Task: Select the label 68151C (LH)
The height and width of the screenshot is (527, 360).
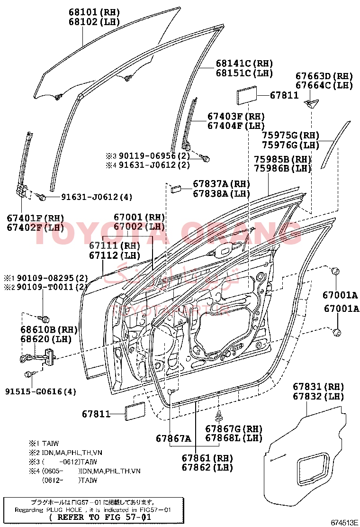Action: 244,73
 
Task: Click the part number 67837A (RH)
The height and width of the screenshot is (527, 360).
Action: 221,184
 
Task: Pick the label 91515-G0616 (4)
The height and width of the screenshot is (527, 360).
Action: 41,391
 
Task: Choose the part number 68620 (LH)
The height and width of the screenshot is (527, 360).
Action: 43,339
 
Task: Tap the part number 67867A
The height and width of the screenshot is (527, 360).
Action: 173,438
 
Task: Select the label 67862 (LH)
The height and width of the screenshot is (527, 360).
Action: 209,467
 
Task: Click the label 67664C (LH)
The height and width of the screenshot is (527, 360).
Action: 324,85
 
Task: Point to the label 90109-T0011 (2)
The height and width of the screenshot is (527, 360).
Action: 46,287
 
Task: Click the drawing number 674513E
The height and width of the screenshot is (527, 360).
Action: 343,522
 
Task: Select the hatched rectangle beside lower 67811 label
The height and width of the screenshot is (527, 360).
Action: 135,412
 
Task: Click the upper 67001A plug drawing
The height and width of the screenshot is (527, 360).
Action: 334,272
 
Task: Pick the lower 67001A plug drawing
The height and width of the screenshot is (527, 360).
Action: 337,332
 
